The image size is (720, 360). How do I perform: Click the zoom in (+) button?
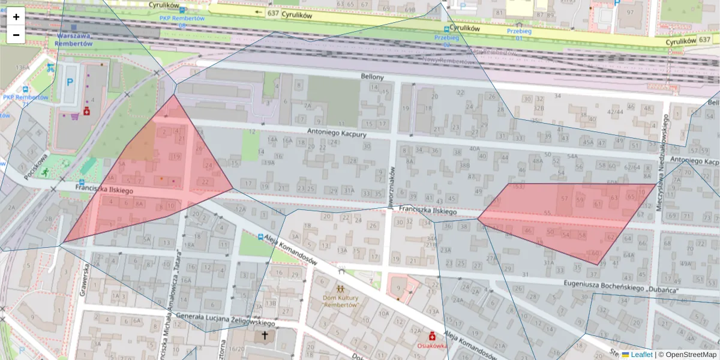tap(16, 17)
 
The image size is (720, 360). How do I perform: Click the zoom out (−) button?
tap(16, 35)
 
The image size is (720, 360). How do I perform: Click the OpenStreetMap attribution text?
tap(691, 355)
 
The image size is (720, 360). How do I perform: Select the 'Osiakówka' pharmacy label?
tap(431, 346)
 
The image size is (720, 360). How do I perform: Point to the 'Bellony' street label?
tap(372, 77)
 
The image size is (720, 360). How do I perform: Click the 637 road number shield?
tap(274, 13)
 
